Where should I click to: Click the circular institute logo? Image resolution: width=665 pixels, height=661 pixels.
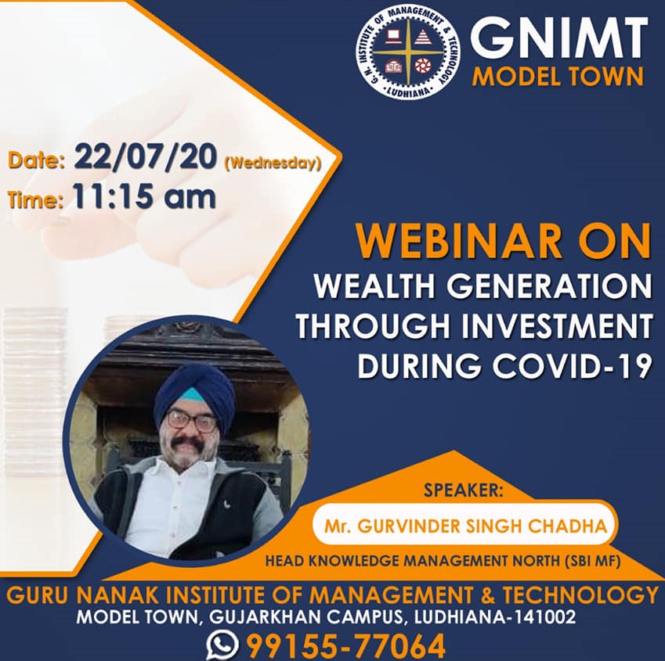click(x=407, y=55)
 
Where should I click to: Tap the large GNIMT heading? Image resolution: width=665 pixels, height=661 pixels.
click(x=559, y=39)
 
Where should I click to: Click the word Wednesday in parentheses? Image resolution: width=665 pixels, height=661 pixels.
click(x=273, y=163)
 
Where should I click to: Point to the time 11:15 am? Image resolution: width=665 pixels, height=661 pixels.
click(x=144, y=196)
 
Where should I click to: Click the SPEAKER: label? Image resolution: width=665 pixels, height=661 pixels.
click(x=463, y=490)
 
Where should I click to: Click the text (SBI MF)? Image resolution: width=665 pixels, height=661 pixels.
click(x=592, y=562)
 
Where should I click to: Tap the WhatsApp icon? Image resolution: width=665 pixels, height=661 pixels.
click(x=222, y=645)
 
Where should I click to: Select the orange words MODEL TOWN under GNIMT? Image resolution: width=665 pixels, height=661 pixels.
click(x=558, y=77)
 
